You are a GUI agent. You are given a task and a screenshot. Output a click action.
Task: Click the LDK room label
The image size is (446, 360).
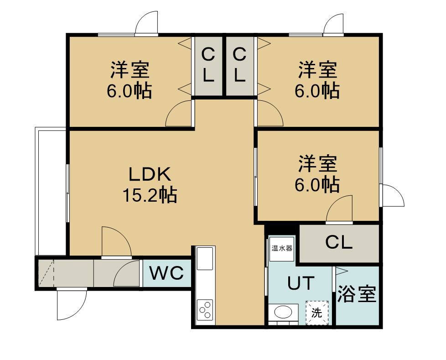(150, 174)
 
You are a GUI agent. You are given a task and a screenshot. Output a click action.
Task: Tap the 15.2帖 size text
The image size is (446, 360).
(150, 195)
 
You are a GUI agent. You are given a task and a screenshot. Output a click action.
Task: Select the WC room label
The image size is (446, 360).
(167, 273)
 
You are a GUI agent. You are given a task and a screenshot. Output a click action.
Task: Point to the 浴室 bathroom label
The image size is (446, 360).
(357, 294)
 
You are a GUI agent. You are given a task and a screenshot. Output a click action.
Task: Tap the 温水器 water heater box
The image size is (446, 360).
(282, 249)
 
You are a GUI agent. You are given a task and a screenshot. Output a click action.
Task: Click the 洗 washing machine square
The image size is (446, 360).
(317, 313)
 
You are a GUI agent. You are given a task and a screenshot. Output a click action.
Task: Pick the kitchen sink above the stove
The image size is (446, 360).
(205, 258)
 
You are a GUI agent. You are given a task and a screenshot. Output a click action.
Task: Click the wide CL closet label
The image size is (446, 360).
(339, 243)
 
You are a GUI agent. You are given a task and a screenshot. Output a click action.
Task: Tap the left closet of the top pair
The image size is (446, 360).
(208, 66)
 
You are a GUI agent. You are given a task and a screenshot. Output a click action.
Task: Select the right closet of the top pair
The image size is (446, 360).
(240, 66)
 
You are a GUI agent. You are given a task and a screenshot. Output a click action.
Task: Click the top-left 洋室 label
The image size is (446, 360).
(130, 69)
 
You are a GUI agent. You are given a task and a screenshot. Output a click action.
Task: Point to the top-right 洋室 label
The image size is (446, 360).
(318, 69)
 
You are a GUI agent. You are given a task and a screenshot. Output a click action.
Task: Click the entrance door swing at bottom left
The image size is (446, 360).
(72, 304)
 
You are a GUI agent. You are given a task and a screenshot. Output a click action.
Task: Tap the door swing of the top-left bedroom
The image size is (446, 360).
(178, 113)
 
